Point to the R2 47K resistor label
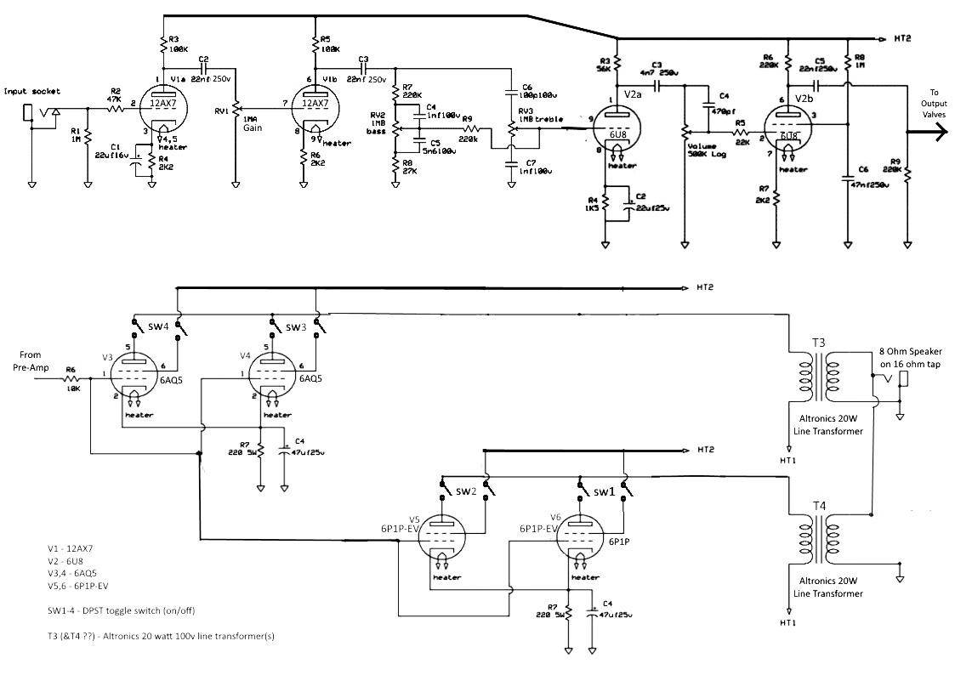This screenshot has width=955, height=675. point(115,94)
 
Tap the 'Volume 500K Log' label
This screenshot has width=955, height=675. point(707,150)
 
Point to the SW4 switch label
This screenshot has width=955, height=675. point(156,326)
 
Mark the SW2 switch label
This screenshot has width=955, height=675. point(465,491)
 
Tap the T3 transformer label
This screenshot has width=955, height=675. point(818,343)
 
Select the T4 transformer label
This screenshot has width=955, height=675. point(819,506)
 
